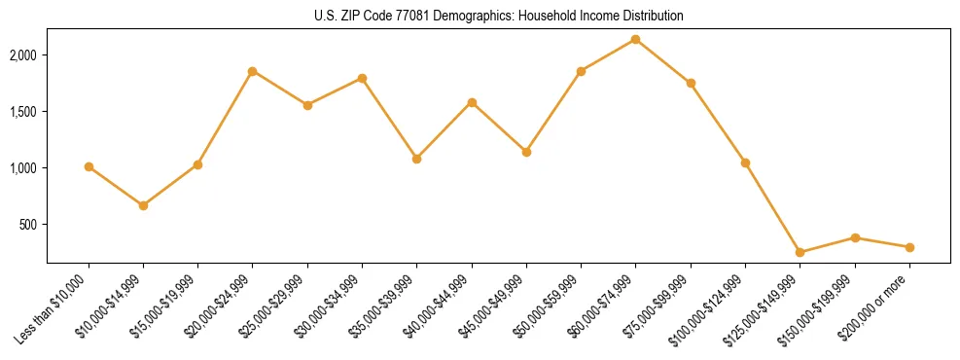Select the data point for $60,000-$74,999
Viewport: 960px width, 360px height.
point(636,39)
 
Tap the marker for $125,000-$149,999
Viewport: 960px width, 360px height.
point(800,252)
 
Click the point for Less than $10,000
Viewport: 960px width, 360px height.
point(89,166)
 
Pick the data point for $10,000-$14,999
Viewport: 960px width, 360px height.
point(143,205)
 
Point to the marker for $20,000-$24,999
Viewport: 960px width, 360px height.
point(253,71)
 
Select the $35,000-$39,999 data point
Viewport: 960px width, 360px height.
point(417,159)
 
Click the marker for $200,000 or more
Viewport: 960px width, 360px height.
point(909,247)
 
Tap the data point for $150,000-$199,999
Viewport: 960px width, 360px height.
point(855,237)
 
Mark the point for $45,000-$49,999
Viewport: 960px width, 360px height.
point(526,152)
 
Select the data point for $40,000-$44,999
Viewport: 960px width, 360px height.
point(472,102)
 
